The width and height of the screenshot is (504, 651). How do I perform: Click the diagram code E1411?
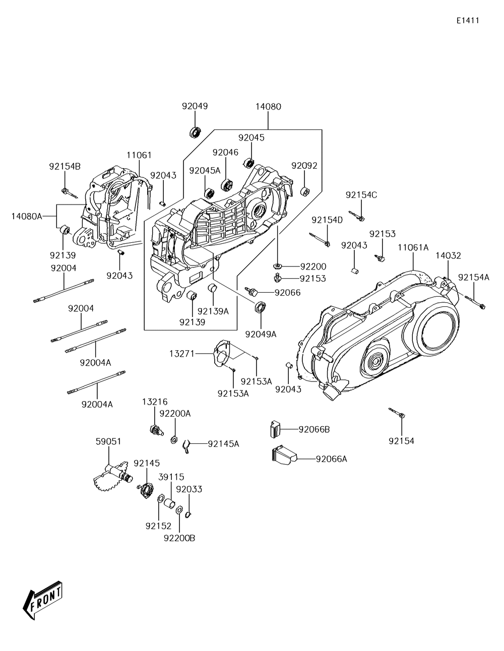click(467, 21)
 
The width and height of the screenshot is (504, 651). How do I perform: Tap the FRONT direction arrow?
click(42, 600)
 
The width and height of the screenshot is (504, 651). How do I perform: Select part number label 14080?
click(268, 107)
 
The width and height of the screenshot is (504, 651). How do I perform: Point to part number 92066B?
click(314, 429)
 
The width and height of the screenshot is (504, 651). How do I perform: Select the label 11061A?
click(413, 247)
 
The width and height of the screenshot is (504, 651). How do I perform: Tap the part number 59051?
click(108, 441)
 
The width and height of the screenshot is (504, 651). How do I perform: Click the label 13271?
click(182, 354)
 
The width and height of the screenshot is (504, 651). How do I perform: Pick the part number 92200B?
click(179, 538)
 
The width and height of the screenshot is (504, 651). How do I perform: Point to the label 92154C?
click(361, 195)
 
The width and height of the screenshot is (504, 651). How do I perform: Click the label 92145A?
click(223, 443)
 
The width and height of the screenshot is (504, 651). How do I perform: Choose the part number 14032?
click(449, 255)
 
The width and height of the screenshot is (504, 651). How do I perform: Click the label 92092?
click(304, 165)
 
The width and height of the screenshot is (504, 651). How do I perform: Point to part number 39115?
click(171, 477)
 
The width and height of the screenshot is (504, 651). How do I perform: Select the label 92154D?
click(327, 220)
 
